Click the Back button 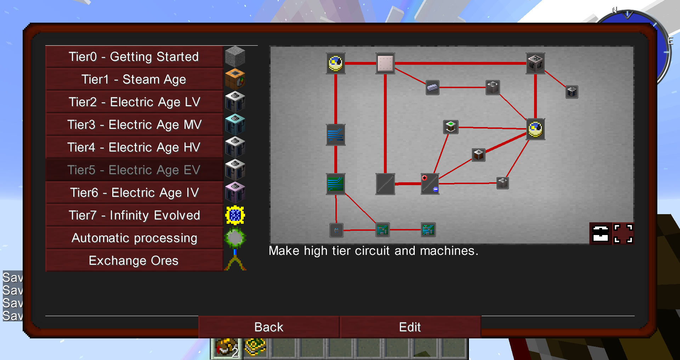pyautogui.click(x=268, y=327)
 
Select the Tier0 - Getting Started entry pyautogui.click(x=134, y=57)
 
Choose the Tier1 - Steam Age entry pyautogui.click(x=134, y=79)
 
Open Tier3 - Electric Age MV pyautogui.click(x=134, y=125)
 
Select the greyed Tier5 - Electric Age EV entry pyautogui.click(x=134, y=170)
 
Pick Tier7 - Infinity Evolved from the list pyautogui.click(x=134, y=215)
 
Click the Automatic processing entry pyautogui.click(x=134, y=238)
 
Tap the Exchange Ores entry pyautogui.click(x=134, y=261)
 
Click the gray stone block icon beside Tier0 pyautogui.click(x=235, y=56)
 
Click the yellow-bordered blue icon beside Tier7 pyautogui.click(x=235, y=215)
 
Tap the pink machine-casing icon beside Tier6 pyautogui.click(x=235, y=193)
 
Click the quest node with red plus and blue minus pyautogui.click(x=430, y=184)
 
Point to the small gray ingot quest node pyautogui.click(x=432, y=87)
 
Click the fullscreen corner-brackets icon pyautogui.click(x=623, y=234)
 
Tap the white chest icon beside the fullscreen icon pyautogui.click(x=600, y=234)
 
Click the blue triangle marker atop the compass pyautogui.click(x=627, y=15)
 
